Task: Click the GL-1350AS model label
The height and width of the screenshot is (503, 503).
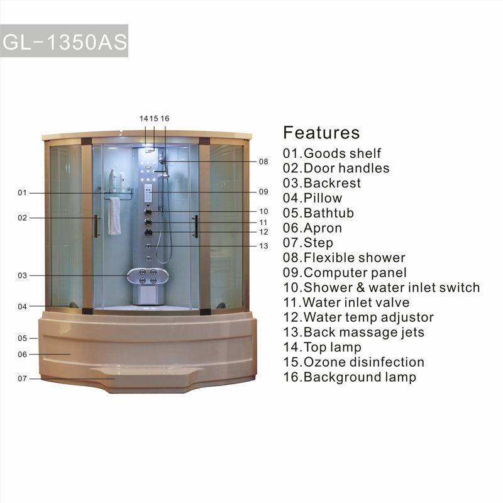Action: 65,41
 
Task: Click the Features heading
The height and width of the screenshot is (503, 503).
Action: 321,133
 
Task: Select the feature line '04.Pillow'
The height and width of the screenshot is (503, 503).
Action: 312,198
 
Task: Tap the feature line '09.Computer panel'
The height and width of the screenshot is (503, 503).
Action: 345,273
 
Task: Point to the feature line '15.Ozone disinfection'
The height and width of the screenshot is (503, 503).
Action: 353,362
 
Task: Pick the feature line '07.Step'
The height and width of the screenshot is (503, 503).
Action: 308,243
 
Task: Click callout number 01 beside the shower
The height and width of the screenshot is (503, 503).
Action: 22,193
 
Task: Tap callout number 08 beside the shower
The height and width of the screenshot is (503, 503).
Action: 263,162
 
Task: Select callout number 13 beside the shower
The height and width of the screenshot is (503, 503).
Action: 263,246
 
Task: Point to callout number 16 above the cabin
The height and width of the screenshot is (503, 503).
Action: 165,118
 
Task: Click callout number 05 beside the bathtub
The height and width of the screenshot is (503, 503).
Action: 22,338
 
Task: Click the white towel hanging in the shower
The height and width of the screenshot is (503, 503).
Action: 114,216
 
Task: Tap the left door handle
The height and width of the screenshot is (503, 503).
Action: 96,226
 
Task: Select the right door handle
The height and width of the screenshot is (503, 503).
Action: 196,226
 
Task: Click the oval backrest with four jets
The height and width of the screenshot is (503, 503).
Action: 148,276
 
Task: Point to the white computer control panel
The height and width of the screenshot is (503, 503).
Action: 148,193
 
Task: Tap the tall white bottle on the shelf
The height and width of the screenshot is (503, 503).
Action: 113,180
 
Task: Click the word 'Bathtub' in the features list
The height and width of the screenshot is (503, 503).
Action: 329,213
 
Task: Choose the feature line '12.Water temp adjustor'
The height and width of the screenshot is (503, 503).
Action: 358,318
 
